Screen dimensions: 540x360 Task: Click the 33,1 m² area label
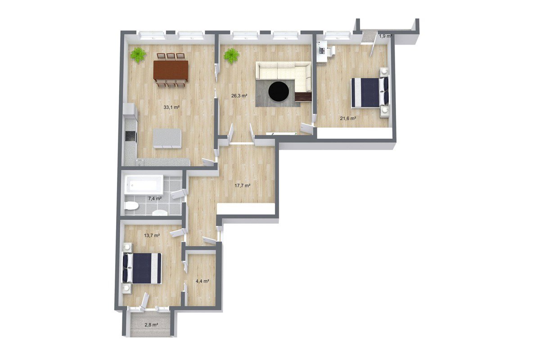171,108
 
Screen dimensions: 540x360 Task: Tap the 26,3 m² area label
239,96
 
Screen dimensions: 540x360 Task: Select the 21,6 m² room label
348,118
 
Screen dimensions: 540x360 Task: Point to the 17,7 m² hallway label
243,186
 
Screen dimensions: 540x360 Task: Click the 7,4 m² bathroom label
155,199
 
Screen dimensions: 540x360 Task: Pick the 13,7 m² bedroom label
152,235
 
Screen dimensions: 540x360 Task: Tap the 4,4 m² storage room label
202,281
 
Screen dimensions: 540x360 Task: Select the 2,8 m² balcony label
151,325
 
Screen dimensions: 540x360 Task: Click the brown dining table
171,70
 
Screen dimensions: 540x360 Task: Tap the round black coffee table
279,92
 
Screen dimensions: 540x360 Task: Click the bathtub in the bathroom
144,184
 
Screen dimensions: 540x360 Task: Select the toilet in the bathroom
131,206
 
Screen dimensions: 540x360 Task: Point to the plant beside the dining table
138,55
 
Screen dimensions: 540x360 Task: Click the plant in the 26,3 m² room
231,56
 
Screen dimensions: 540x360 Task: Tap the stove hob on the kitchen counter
131,136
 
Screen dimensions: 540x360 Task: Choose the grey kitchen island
167,139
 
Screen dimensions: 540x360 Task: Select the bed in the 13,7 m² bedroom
142,268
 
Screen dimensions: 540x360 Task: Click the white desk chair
331,52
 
